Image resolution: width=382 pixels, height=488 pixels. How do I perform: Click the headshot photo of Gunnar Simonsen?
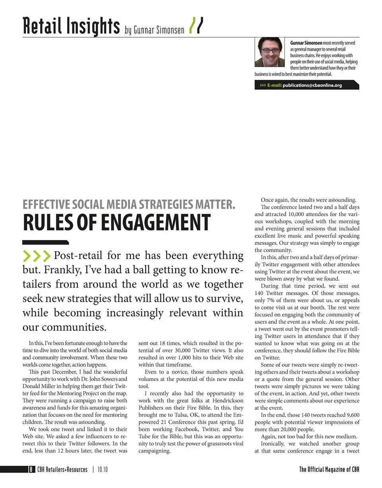click(269, 52)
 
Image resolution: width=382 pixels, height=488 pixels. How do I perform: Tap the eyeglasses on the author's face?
click(270, 51)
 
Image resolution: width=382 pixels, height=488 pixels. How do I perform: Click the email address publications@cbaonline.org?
click(312, 85)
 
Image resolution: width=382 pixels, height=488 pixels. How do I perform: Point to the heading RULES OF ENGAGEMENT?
click(117, 223)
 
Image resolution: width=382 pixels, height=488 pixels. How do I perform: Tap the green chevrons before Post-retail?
click(37, 256)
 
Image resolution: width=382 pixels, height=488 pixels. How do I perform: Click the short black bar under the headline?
click(45, 242)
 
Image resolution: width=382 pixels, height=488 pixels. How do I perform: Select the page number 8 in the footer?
click(31, 469)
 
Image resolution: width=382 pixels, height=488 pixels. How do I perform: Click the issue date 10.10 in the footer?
click(102, 469)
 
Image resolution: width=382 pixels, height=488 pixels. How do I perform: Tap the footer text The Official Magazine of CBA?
click(329, 469)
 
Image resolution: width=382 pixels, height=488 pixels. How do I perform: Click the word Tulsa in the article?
click(177, 415)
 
